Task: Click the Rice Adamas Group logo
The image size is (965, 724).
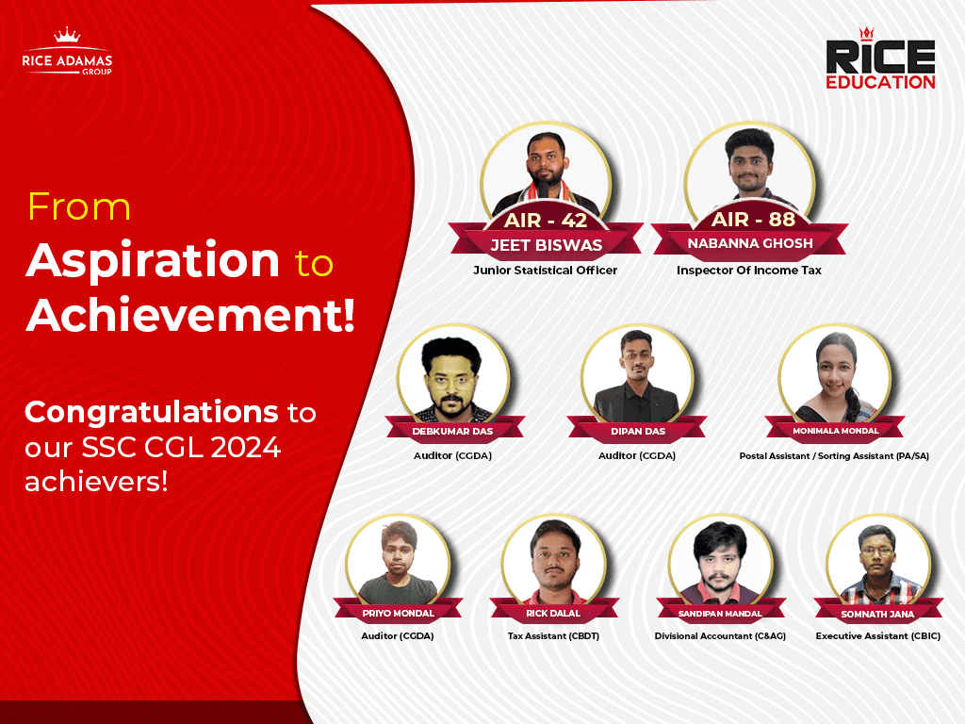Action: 67,53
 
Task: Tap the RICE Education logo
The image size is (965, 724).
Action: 880,59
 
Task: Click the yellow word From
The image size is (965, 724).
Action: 79,206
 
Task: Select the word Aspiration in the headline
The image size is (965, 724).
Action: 153,261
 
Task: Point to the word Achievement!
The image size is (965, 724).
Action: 190,315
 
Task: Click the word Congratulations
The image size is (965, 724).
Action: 152,413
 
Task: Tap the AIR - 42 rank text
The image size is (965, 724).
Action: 546,220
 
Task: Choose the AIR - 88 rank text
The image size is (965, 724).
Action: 753,219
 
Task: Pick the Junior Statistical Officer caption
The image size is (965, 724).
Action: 546,271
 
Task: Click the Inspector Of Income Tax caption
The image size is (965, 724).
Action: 749,271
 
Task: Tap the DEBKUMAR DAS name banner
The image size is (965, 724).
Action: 453,431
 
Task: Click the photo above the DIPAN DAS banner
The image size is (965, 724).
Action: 637,375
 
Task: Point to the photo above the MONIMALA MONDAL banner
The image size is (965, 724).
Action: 835,375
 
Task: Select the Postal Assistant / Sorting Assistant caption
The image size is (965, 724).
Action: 834,455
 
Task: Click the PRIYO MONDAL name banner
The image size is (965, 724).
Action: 399,613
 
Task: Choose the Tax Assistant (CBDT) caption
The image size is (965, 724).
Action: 553,636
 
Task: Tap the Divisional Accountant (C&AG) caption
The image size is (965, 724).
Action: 720,636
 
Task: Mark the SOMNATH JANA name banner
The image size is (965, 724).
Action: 877,614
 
